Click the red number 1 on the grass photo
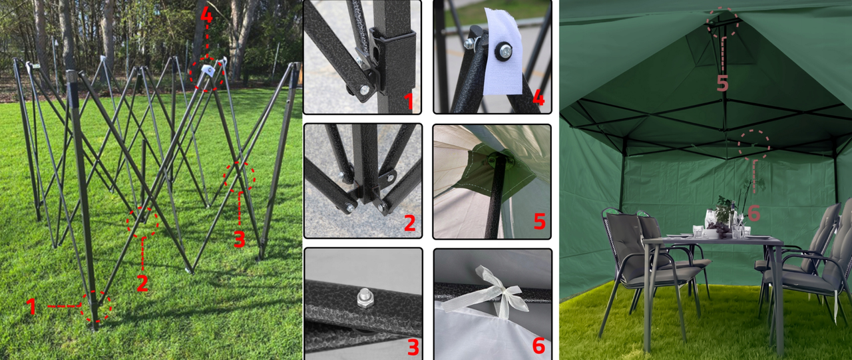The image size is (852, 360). coord(31,306)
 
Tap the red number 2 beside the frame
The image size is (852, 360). coord(142,283)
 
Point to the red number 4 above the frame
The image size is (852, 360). coord(206,15)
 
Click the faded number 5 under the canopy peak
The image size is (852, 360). coord(722,83)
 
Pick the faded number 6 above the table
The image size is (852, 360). coord(754,213)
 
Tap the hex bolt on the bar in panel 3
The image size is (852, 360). coord(364,299)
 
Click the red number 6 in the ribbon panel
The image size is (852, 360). coord(538,345)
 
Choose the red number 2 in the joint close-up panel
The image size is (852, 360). coord(409,223)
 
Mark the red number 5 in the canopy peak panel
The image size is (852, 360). coord(540,221)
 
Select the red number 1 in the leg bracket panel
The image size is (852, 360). coord(409,101)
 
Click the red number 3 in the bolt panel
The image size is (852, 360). coord(413,347)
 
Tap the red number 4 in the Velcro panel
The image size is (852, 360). coord(538,98)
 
